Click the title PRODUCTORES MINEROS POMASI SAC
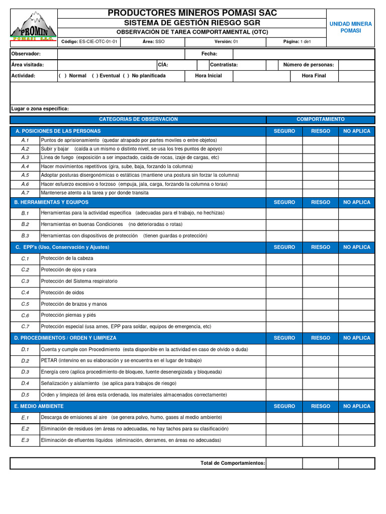coord(192,13)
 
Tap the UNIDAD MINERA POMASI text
coord(350,27)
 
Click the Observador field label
coord(26,54)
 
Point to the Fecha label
coord(209,54)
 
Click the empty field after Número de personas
coord(356,65)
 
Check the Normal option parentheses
coord(62,76)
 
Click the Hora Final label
coord(314,76)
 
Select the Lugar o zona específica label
coord(40,109)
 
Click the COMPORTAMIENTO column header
coord(320,119)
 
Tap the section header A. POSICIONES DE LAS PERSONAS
coord(58,131)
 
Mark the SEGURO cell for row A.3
coord(284,158)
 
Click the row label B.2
coord(25,224)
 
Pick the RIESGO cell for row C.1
coord(320,259)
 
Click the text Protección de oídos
coord(62,293)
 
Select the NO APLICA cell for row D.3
coord(356,372)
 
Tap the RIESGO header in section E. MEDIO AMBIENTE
coord(320,406)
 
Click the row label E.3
coord(25,440)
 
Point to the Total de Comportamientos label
coord(232,463)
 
